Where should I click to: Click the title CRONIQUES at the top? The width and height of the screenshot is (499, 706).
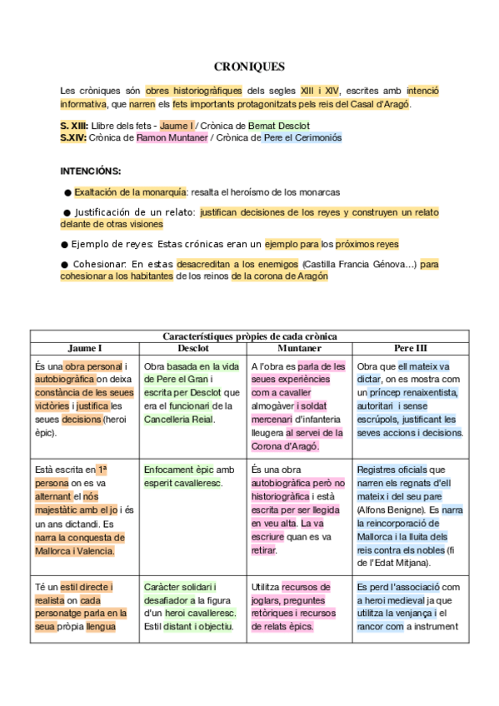249,66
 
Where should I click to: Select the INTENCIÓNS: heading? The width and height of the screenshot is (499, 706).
90,171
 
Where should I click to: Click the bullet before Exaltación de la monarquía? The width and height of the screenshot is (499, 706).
67,191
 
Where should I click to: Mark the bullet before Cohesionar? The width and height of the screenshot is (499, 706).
64,265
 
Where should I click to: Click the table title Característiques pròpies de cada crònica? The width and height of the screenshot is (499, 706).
249,336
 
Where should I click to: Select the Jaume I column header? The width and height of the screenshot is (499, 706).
84,347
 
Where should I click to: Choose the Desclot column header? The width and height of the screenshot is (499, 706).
193,347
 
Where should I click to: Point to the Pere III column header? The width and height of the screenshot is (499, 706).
410,347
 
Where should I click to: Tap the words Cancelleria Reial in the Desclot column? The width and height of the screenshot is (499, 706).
178,419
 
